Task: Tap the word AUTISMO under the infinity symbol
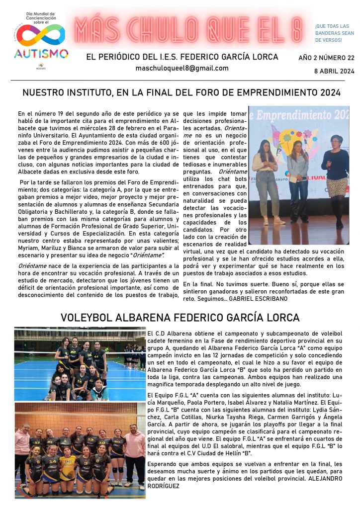(41, 53)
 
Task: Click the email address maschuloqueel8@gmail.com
(182, 68)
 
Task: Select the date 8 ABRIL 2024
(334, 71)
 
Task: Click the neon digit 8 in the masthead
(296, 29)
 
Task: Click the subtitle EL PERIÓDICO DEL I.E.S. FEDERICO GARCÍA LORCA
(182, 57)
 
